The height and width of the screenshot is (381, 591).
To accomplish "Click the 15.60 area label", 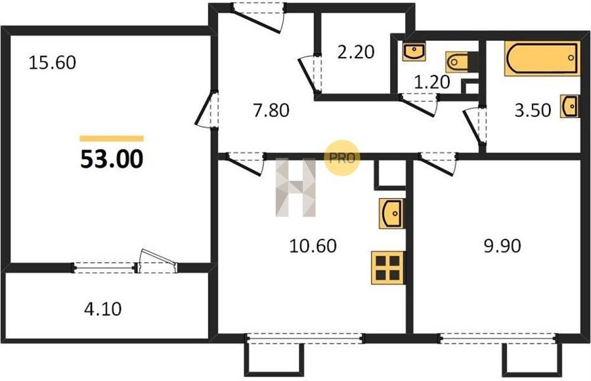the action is [53, 62].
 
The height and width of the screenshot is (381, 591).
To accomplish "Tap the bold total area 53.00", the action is [112, 159].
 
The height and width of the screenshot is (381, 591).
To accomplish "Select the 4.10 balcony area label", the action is [103, 309].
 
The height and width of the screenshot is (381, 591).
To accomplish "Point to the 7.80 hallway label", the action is [271, 110].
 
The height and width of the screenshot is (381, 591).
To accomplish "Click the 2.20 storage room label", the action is [356, 52].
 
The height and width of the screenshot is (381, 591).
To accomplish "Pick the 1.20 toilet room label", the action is [432, 82].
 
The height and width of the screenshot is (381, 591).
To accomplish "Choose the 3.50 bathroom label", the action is [533, 110].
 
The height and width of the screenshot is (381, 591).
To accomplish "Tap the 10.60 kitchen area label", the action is [313, 246].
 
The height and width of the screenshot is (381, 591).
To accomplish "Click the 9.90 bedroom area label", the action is [502, 246].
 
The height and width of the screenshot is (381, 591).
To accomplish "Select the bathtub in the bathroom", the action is [542, 59].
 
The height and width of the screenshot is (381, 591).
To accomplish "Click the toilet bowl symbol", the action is [458, 62].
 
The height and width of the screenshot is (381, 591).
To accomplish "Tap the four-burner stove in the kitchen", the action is [387, 268].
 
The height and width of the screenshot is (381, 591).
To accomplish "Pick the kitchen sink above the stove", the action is [391, 214].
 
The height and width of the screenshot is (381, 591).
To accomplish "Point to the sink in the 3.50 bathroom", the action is [569, 106].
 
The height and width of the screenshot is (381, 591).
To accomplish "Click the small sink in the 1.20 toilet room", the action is [414, 51].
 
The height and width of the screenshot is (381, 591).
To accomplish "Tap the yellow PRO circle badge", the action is [342, 158].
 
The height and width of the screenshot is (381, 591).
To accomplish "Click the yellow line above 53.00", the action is [112, 138].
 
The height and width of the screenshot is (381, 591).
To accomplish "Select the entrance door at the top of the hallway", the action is [258, 17].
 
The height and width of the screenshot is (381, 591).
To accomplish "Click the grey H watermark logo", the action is [295, 188].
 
